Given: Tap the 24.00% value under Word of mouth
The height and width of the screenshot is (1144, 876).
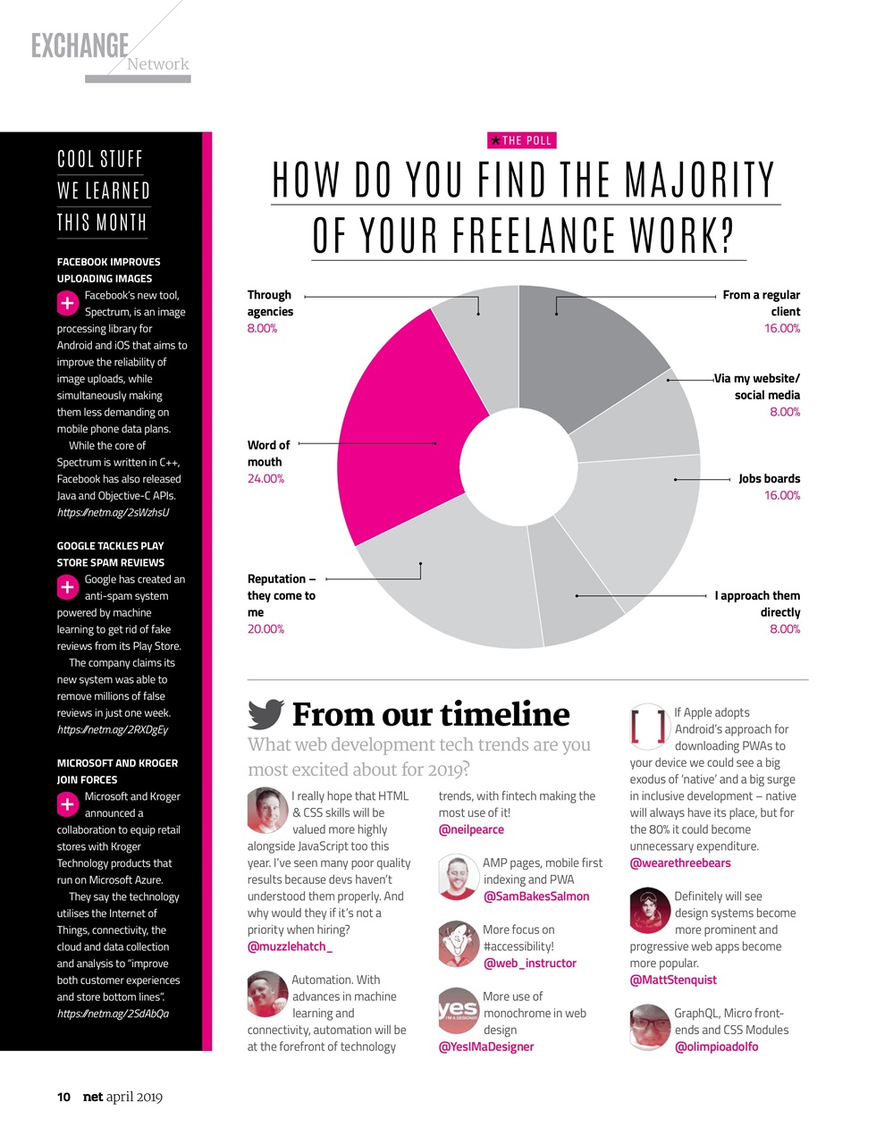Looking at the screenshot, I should click(265, 479).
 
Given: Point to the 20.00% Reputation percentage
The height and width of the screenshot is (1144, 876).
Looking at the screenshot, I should click(265, 629).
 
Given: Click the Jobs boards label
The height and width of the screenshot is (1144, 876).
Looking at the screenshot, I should click(769, 479).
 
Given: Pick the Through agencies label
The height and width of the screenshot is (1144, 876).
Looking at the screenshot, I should click(270, 303).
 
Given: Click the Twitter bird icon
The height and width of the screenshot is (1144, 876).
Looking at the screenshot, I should click(265, 714).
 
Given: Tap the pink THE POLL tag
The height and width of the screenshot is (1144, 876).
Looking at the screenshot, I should click(522, 140).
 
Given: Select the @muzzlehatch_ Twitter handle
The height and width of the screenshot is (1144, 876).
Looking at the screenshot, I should click(290, 946).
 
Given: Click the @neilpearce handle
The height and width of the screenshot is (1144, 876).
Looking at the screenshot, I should click(471, 829).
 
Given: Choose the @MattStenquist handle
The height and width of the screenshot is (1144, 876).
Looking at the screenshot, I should click(673, 980).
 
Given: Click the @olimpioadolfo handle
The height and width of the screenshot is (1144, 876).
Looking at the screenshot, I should click(716, 1047).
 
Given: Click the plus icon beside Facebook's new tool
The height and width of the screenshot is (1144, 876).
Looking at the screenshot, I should click(68, 304).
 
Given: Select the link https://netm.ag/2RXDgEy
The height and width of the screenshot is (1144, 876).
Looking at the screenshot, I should click(113, 729).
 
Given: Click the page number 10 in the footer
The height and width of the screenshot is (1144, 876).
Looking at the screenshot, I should click(63, 1097).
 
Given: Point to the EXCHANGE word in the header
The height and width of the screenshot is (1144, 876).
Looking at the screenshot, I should click(80, 46).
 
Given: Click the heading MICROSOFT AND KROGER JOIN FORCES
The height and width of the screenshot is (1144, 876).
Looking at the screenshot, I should click(117, 771).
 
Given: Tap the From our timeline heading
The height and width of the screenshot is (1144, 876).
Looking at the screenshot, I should click(431, 714).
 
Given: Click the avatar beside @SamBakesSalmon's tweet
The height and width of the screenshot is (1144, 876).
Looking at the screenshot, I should click(458, 878).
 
